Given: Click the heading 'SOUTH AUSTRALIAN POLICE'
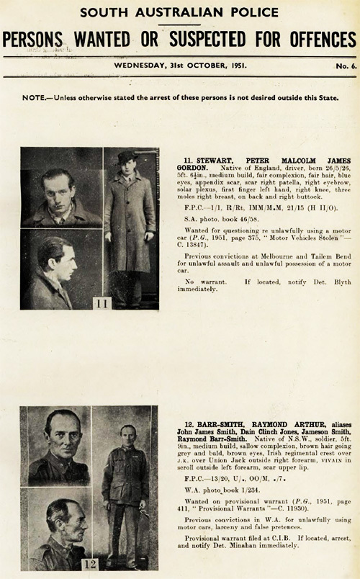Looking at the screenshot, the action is (179, 12).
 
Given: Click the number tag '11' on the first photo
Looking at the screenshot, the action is (102, 304).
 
